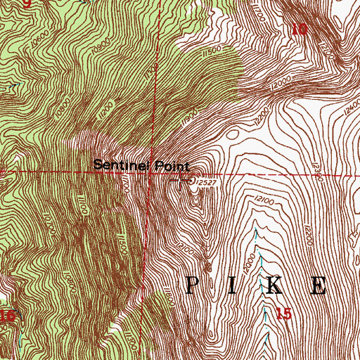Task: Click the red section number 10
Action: click(300, 29)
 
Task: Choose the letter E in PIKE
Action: click(319, 285)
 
